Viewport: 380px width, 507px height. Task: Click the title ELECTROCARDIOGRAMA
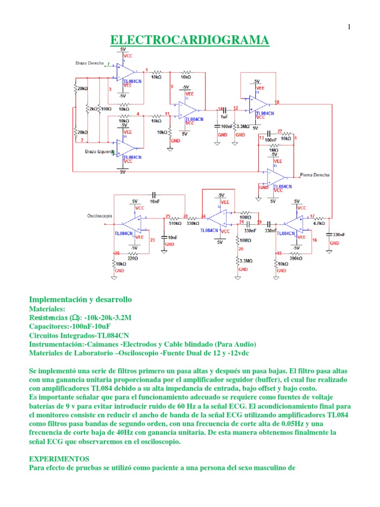(190, 40)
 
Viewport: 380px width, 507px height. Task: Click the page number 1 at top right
(349, 27)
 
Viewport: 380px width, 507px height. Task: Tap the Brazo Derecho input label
(90, 63)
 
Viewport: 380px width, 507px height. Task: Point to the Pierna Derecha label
(315, 175)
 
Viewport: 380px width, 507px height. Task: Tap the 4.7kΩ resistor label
(319, 223)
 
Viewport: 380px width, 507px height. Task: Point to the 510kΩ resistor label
(174, 223)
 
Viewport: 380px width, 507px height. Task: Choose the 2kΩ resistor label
(92, 108)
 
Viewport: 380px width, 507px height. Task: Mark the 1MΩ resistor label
(273, 150)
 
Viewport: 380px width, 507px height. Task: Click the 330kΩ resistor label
(192, 223)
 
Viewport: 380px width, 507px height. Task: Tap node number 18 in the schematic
(277, 102)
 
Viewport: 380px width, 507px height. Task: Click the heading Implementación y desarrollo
(80, 300)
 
